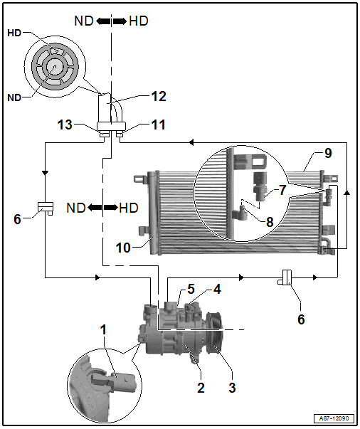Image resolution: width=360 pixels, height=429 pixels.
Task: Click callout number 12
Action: (x=159, y=97)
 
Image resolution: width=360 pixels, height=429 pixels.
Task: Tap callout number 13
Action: (x=65, y=125)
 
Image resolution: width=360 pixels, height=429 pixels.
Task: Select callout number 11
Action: (x=159, y=125)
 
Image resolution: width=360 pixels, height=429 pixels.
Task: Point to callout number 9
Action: (x=328, y=153)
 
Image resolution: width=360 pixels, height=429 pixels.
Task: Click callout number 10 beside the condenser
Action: (x=123, y=248)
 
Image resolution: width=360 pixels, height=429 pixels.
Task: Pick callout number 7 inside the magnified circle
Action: (x=282, y=190)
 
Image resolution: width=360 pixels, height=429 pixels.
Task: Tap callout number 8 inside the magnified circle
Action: (x=270, y=222)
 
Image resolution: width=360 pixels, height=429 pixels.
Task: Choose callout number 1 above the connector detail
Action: (x=103, y=330)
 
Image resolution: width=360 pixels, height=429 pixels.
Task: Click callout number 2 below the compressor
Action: (x=201, y=388)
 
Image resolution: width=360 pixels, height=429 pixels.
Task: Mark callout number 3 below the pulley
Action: (x=232, y=388)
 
